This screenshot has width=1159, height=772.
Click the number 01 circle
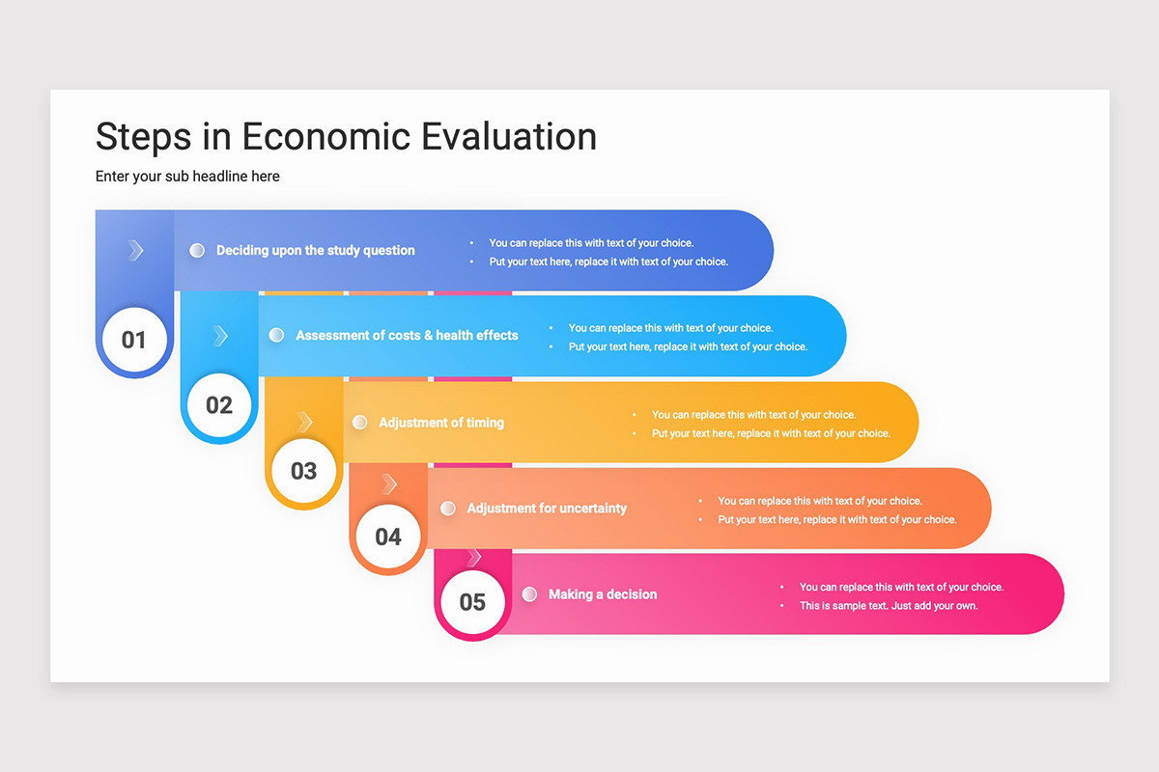134,340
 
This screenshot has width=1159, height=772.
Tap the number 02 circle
219,405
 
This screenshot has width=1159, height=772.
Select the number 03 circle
303,471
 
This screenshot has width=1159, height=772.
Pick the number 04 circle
388,537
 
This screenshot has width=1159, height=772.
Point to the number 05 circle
472,602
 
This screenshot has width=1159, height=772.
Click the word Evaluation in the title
509,136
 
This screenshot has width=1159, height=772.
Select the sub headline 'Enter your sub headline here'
187,177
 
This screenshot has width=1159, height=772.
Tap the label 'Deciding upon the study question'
315,250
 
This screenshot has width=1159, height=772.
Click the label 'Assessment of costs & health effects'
407,335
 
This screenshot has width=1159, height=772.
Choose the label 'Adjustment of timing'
441,423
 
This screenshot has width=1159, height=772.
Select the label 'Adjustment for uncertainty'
547,508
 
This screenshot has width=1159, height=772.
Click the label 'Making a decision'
603,594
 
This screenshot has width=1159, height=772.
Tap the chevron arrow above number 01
135,251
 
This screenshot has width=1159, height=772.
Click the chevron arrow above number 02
220,336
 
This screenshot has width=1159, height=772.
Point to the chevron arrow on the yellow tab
305,422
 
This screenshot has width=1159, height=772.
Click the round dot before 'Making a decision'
529,594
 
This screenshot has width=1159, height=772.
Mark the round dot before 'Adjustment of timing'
360,423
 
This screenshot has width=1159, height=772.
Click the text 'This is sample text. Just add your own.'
889,606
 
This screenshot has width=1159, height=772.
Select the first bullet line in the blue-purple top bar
591,243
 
